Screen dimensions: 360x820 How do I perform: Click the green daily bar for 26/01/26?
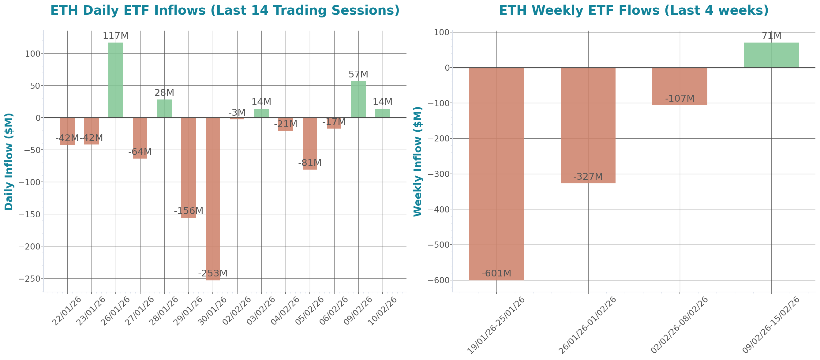pyautogui.click(x=116, y=80)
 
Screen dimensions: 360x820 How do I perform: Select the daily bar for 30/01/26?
pyautogui.click(x=213, y=199)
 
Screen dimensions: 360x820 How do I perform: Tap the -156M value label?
pyautogui.click(x=188, y=211)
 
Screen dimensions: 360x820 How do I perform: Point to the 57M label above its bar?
pyautogui.click(x=358, y=74)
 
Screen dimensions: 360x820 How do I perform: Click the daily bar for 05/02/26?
pyautogui.click(x=310, y=144)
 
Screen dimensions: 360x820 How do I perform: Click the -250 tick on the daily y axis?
pyautogui.click(x=30, y=279)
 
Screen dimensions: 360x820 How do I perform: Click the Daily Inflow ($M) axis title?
pyautogui.click(x=9, y=162)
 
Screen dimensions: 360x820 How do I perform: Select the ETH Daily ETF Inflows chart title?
pyautogui.click(x=225, y=10)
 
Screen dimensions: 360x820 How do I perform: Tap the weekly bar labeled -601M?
pyautogui.click(x=496, y=174)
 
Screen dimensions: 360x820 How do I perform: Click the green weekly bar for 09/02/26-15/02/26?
pyautogui.click(x=771, y=55)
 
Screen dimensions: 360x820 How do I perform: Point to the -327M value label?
pyautogui.click(x=588, y=176)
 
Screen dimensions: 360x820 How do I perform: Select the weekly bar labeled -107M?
pyautogui.click(x=680, y=87)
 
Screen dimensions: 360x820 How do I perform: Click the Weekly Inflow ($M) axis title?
pyautogui.click(x=417, y=162)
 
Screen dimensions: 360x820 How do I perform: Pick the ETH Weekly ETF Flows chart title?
pyautogui.click(x=634, y=10)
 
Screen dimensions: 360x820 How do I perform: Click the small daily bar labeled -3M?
pyautogui.click(x=237, y=119)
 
